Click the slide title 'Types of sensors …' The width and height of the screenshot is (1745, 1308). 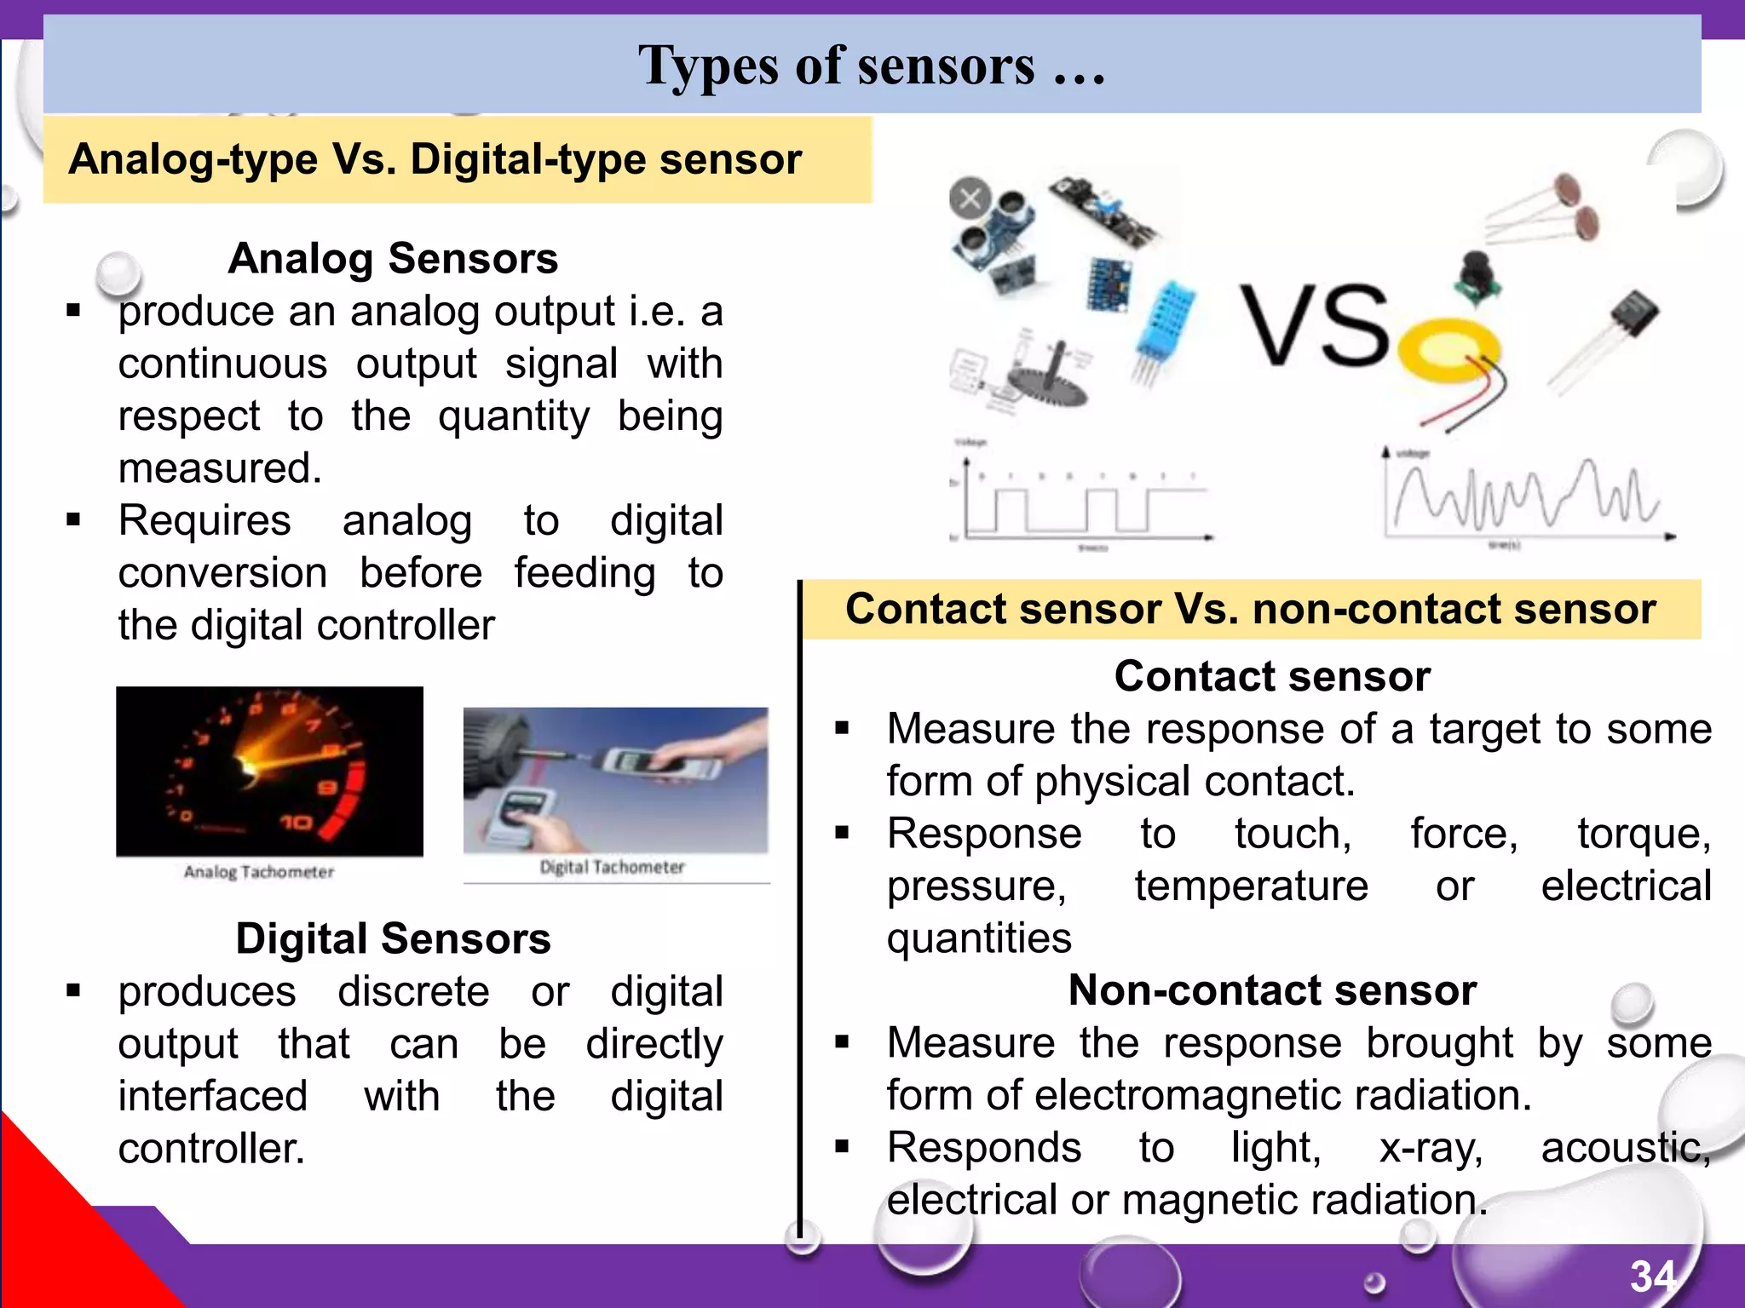(x=871, y=66)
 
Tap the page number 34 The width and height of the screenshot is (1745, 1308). (x=1653, y=1276)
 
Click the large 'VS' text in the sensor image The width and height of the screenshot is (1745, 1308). (x=1314, y=325)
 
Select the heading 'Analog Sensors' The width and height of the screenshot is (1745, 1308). (x=393, y=258)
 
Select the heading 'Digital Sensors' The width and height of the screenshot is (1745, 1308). (x=393, y=938)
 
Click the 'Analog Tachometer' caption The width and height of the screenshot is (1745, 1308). (x=259, y=872)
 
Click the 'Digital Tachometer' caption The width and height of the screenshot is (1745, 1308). (x=612, y=867)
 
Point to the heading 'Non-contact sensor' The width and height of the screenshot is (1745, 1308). (x=1272, y=990)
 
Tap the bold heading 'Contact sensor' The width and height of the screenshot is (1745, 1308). (x=1272, y=676)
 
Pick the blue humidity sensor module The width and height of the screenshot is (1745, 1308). (x=1165, y=324)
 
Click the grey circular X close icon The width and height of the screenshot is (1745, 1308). (x=970, y=199)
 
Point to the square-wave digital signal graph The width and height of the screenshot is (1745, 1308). (x=1082, y=502)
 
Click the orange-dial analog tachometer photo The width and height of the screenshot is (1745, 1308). (x=269, y=771)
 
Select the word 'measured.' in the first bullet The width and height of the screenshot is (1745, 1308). (x=220, y=468)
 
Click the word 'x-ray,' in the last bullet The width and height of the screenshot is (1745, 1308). (x=1431, y=1147)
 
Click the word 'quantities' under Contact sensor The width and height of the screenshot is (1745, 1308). (x=978, y=938)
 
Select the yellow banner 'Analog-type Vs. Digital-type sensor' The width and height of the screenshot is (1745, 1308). (x=458, y=159)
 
